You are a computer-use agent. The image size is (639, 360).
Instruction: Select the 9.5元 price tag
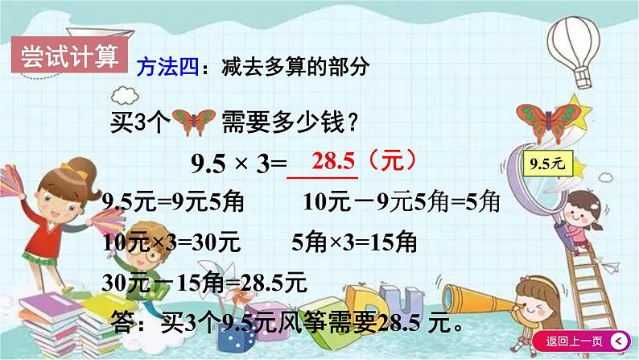coord(550,165)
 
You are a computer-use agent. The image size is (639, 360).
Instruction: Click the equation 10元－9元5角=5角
coord(400,202)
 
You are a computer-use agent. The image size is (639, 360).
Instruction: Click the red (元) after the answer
coord(390,161)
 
